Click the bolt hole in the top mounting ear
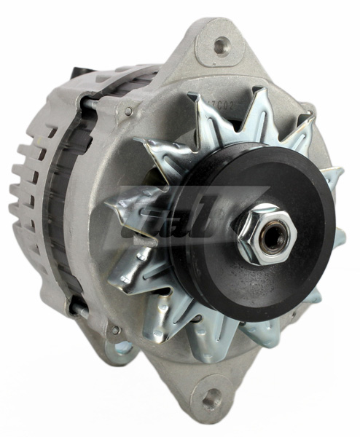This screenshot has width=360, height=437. pyautogui.click(x=222, y=47)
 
